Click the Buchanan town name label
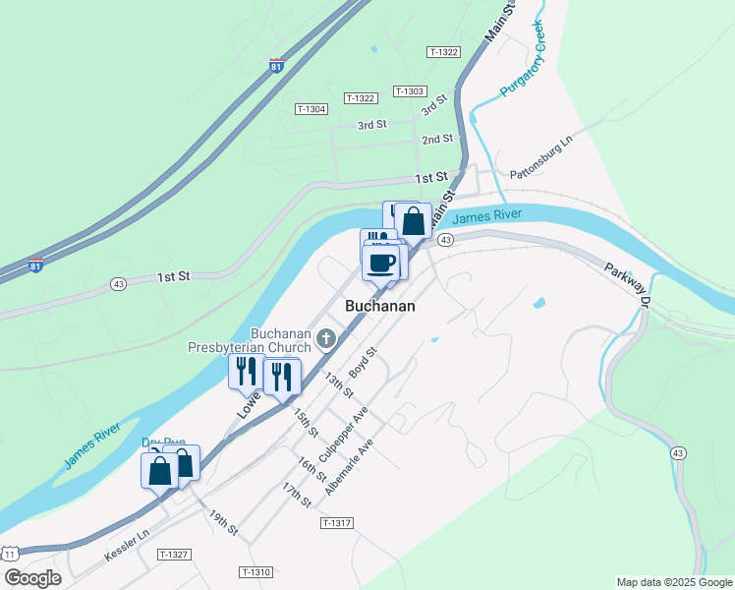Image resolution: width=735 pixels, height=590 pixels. (x=379, y=307)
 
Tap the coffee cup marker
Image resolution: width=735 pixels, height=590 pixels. (x=381, y=263)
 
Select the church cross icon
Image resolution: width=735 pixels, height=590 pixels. (x=326, y=339)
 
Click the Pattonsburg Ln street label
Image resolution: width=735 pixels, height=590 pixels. (x=540, y=159)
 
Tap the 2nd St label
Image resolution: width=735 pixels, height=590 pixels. (x=437, y=140)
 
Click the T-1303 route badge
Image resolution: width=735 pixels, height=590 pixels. (x=409, y=90)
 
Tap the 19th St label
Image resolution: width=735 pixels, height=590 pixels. (x=223, y=522)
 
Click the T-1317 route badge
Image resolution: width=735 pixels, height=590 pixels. (x=336, y=523)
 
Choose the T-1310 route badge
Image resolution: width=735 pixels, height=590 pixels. (x=254, y=571)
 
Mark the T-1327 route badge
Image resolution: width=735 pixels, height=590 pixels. (x=173, y=555)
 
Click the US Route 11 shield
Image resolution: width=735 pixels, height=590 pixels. (x=9, y=555)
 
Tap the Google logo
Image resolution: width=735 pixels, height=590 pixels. (x=33, y=578)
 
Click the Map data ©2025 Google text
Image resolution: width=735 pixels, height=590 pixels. (x=672, y=582)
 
